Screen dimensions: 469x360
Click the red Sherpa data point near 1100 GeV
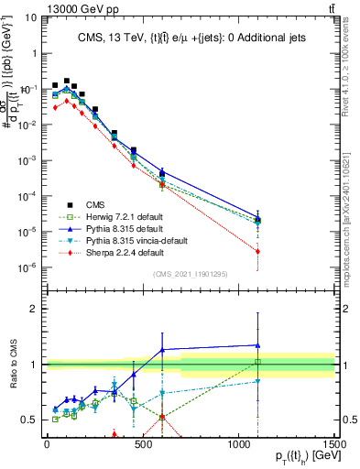click(258, 251)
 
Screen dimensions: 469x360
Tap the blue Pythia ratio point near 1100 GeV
click(258, 345)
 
